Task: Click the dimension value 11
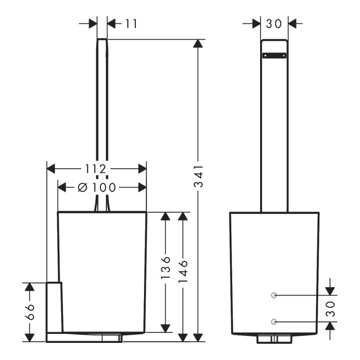tap(131, 23)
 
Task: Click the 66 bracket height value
tap(29, 311)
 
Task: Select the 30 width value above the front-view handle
tap(274, 23)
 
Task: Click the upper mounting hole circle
tap(274, 295)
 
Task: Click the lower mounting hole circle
tap(274, 321)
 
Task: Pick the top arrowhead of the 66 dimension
tap(29, 287)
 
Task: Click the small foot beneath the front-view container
tap(274, 338)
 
